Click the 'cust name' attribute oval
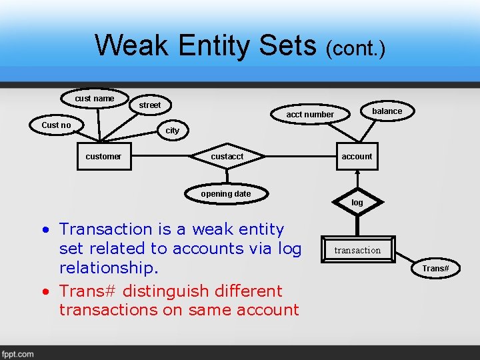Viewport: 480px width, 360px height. tap(95, 99)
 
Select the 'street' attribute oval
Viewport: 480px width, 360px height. tap(150, 105)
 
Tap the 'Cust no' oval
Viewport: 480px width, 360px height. tap(56, 125)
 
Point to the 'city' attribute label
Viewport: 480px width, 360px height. tap(173, 131)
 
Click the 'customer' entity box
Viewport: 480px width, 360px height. tap(103, 157)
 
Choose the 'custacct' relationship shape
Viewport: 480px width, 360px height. tap(227, 157)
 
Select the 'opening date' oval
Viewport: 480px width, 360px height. tap(226, 194)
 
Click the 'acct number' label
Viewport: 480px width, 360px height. tap(310, 115)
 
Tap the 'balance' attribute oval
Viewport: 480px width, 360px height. tap(387, 111)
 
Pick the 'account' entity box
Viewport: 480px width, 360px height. tap(357, 157)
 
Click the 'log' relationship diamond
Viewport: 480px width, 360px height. tap(357, 202)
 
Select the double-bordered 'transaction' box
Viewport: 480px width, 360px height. tap(357, 250)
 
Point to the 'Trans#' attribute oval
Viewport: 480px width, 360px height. tap(435, 268)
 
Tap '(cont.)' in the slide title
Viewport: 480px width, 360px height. tap(355, 48)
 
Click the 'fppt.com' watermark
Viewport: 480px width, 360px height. tap(18, 354)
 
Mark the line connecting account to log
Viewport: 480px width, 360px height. tap(357, 180)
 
